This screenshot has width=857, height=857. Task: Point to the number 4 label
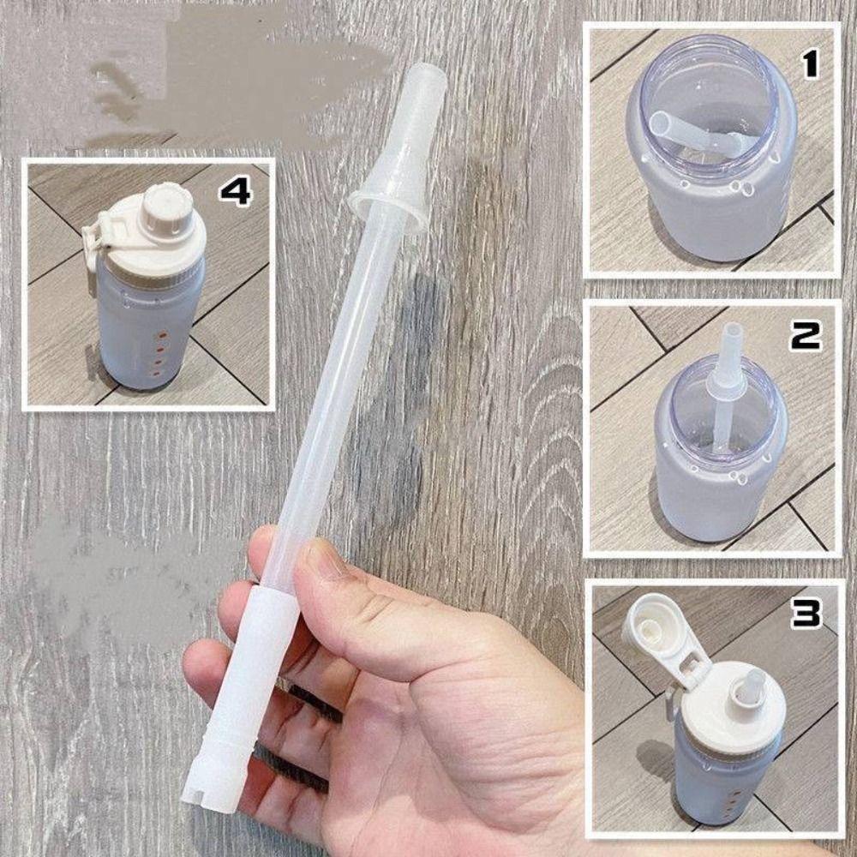click(235, 191)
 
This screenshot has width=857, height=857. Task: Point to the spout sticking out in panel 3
click(754, 686)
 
